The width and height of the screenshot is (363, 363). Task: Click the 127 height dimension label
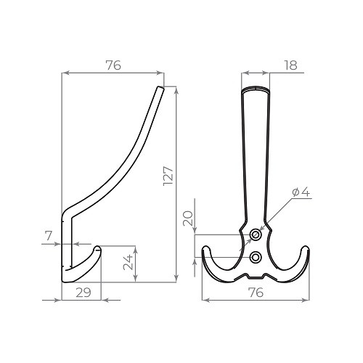tap(168, 176)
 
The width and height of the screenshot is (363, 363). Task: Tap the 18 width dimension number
tap(290, 65)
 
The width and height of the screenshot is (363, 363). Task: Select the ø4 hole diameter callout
tap(301, 192)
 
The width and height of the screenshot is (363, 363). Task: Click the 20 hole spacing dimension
tap(188, 219)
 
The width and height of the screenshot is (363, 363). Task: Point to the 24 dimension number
tap(129, 262)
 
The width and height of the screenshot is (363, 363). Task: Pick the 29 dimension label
tap(83, 293)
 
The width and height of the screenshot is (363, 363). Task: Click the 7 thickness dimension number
tap(49, 235)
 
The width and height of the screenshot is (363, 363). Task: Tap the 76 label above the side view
tap(113, 65)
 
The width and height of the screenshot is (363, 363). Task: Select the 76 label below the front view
tap(256, 293)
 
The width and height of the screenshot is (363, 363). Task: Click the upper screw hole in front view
tap(255, 234)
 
